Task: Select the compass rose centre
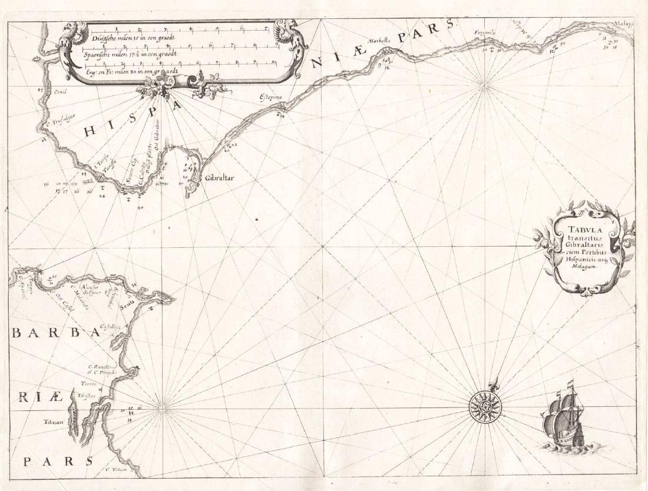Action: click(x=484, y=406)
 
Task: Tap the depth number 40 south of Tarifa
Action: click(x=140, y=207)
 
